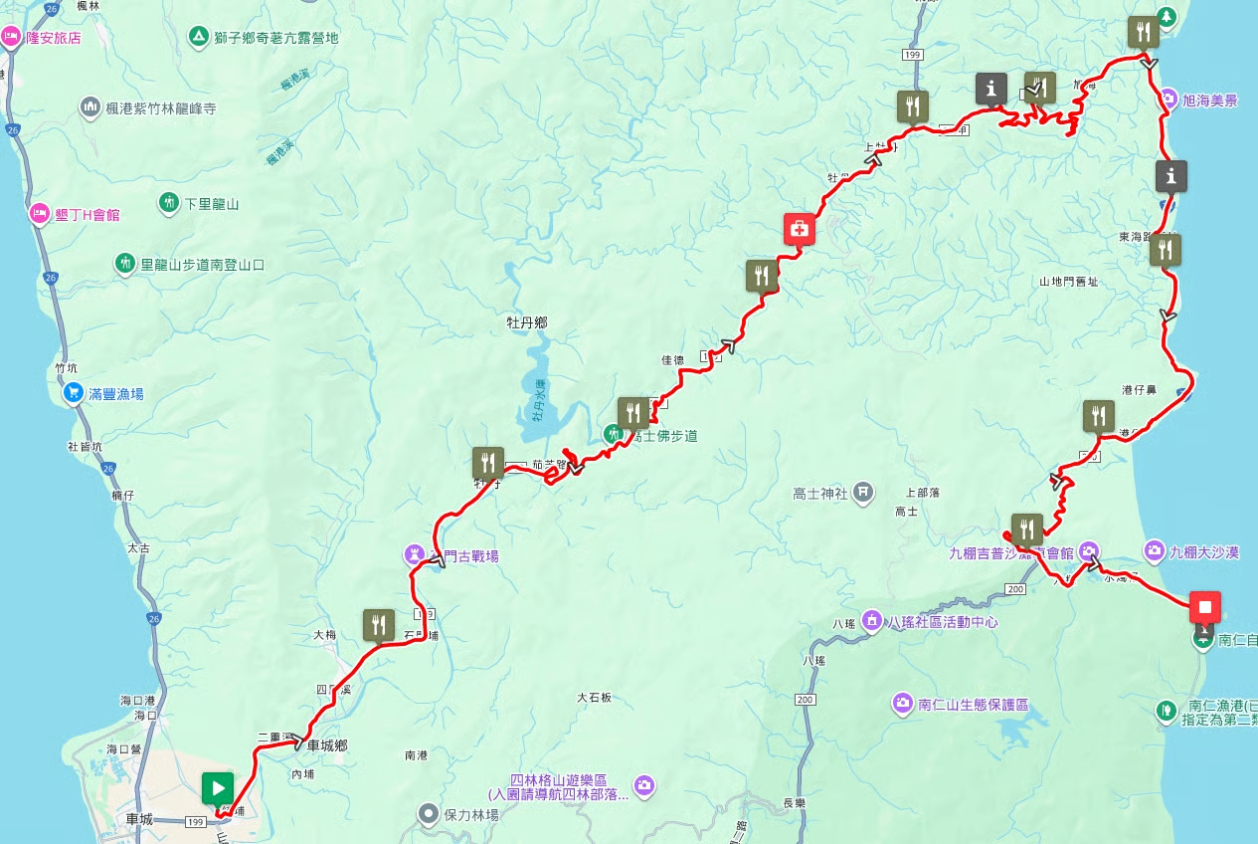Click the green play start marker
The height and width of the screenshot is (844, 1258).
click(x=217, y=788)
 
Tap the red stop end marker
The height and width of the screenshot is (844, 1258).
click(x=1204, y=606)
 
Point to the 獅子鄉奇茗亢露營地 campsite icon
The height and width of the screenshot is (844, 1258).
click(x=198, y=38)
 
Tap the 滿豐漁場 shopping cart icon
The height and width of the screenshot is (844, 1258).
click(x=73, y=393)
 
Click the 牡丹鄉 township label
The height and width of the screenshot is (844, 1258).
click(x=527, y=322)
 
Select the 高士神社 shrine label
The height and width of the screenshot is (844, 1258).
click(x=820, y=492)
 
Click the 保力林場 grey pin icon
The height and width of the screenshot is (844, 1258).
click(x=429, y=813)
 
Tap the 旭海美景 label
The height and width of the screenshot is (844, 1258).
click(x=1209, y=101)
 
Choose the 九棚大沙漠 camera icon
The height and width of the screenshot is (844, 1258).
click(x=1154, y=549)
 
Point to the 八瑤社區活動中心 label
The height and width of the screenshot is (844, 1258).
click(x=942, y=622)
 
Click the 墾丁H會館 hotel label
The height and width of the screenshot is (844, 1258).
click(x=87, y=213)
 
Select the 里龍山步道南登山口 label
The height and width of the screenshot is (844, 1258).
click(x=202, y=264)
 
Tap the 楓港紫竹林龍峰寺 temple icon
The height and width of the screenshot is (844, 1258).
click(x=90, y=106)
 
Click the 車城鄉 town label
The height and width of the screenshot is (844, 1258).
click(x=326, y=744)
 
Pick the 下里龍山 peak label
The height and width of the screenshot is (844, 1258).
click(x=212, y=203)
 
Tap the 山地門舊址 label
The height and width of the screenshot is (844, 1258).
click(x=1069, y=282)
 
